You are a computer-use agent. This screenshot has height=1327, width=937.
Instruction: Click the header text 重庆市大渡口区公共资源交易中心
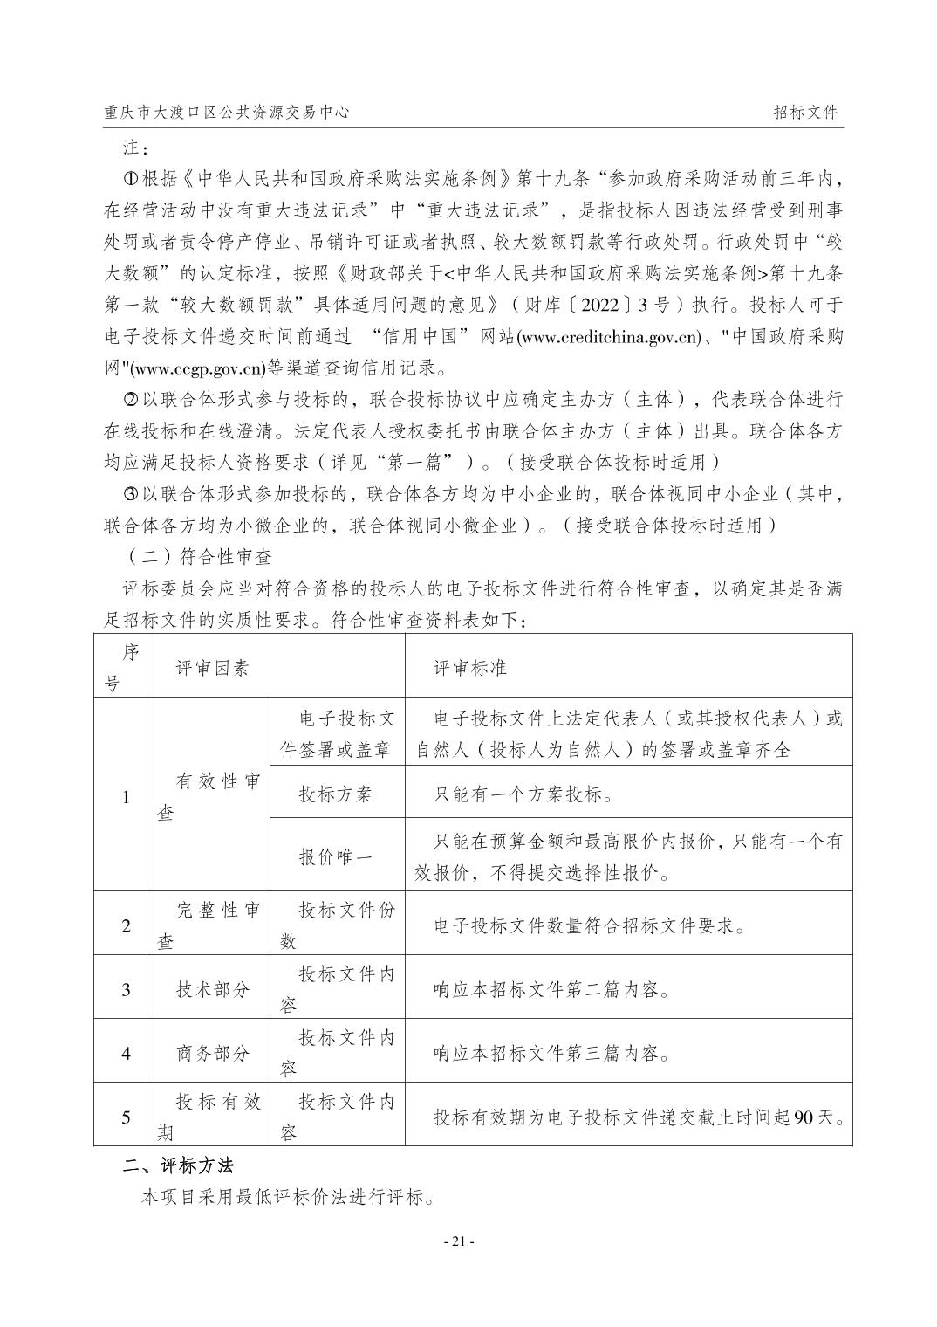point(226,113)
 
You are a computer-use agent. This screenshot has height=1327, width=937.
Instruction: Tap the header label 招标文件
point(804,113)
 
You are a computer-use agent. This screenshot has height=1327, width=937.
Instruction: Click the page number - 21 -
point(459,1241)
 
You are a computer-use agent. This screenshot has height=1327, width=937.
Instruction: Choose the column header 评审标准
point(470,668)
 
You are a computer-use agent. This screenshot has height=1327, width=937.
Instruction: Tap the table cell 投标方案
point(336,794)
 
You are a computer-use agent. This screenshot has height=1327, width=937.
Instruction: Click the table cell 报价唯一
point(336,856)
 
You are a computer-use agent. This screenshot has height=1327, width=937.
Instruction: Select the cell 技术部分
point(212,989)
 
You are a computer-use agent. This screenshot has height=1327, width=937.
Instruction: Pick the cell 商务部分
point(212,1053)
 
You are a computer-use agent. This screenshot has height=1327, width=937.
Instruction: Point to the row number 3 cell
point(126,989)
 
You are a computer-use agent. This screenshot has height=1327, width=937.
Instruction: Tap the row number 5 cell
point(126,1117)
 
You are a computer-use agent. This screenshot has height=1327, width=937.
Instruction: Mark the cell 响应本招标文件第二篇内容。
point(552,989)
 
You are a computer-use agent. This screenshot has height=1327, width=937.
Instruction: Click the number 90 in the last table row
point(804,1117)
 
